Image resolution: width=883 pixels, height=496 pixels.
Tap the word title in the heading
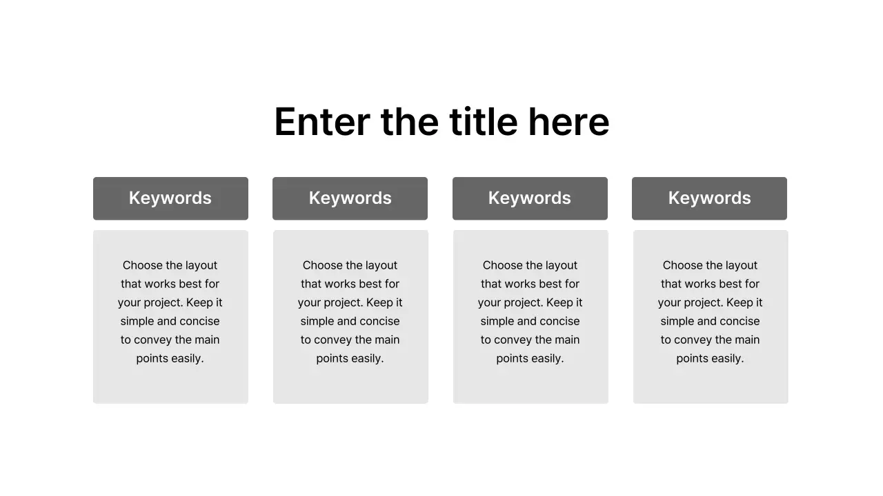point(483,122)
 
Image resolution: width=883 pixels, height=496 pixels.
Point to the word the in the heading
point(410,122)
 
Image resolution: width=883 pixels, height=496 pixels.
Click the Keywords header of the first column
point(170,198)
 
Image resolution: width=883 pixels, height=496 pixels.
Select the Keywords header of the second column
point(350,198)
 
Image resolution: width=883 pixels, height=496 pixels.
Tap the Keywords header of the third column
point(530,198)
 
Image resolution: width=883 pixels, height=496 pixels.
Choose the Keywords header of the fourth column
point(709,198)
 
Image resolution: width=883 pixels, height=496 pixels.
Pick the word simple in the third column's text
point(497,321)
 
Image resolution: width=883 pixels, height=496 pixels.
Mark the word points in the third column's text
point(512,358)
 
